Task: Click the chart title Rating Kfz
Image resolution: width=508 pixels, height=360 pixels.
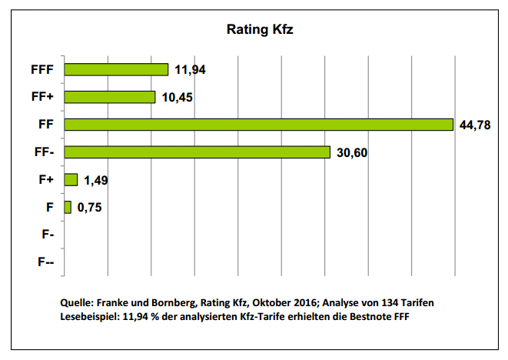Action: coord(259,30)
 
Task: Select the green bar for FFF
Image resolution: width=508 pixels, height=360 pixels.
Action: coord(116,69)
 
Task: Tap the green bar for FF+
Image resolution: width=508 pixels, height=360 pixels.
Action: coord(110,97)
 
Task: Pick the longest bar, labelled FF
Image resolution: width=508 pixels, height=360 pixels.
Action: coord(258,125)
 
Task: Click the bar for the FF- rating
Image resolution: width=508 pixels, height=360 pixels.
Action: coord(197,152)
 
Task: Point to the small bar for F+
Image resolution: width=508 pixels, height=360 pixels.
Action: coord(71,179)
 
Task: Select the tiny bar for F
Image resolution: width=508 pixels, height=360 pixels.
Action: coord(68,207)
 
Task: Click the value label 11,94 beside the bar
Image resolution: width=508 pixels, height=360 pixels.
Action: coord(191,70)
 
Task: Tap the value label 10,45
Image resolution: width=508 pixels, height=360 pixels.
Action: coord(178,98)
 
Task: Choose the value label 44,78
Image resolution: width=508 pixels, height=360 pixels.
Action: coord(475,125)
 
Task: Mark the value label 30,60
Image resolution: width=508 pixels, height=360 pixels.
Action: coord(353,152)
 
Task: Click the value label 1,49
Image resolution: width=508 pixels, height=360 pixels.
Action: coord(98,180)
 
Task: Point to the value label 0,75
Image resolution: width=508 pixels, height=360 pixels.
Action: coord(91,208)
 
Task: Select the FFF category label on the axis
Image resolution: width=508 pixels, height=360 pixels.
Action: coord(42,70)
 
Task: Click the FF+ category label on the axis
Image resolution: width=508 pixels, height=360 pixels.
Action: coord(42,98)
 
